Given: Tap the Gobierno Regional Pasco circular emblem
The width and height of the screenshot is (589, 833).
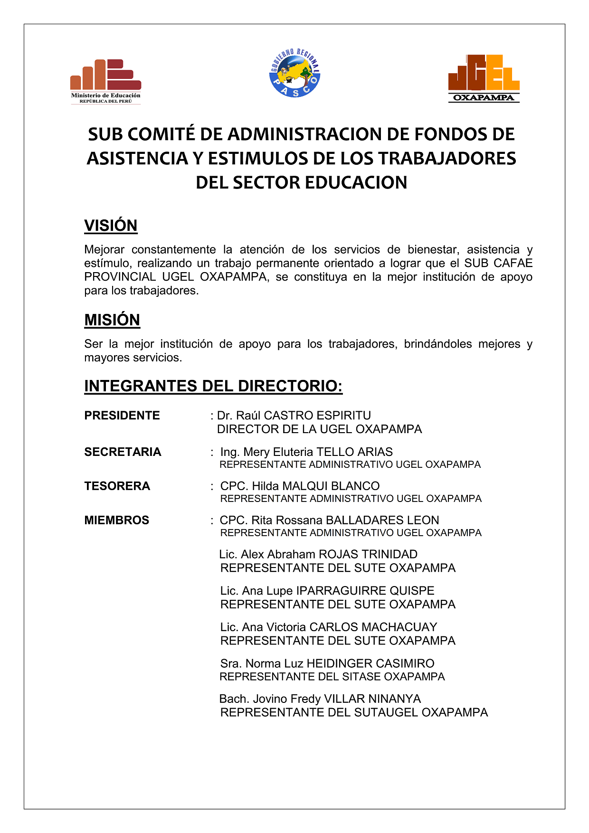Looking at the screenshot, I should [x=294, y=74].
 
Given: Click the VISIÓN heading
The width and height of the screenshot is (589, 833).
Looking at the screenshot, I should [x=111, y=226].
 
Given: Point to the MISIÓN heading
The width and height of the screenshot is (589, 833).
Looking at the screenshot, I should [x=112, y=320].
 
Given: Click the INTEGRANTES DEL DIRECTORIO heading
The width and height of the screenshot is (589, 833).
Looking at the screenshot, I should [x=213, y=386].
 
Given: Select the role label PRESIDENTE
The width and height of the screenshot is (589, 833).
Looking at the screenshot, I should [x=122, y=416].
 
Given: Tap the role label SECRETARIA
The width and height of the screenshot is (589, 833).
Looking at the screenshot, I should [x=123, y=452].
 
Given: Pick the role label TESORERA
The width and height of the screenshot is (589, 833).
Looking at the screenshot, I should [x=117, y=486].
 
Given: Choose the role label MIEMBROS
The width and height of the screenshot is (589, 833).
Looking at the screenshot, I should [x=116, y=521].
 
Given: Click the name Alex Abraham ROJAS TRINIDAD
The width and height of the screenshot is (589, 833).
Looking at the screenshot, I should [x=329, y=555].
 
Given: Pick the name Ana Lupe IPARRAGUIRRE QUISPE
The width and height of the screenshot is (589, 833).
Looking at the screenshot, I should [x=338, y=591].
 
